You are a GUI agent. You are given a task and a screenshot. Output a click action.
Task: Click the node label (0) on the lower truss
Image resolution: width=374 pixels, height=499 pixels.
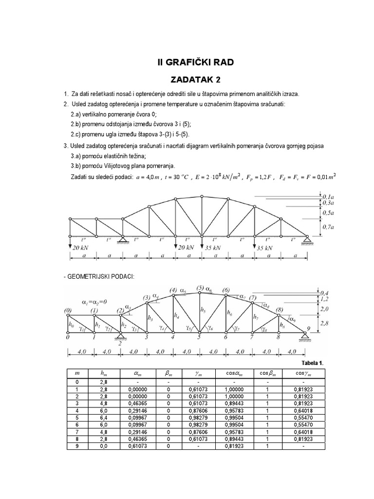point(68,310)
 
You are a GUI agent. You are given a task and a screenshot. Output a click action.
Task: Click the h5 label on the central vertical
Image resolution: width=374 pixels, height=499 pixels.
point(203,310)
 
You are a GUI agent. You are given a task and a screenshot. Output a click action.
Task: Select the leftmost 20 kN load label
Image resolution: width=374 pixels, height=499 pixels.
point(78,248)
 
